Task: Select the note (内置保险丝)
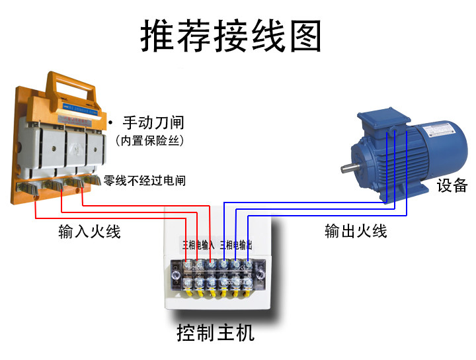(149, 140)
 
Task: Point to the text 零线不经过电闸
(145, 179)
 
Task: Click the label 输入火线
(89, 232)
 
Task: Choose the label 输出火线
(356, 231)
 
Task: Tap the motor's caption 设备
(452, 186)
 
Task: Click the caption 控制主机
(216, 332)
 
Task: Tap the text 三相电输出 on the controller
(236, 245)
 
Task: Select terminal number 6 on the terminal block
(249, 265)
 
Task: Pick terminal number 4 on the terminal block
(224, 265)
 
